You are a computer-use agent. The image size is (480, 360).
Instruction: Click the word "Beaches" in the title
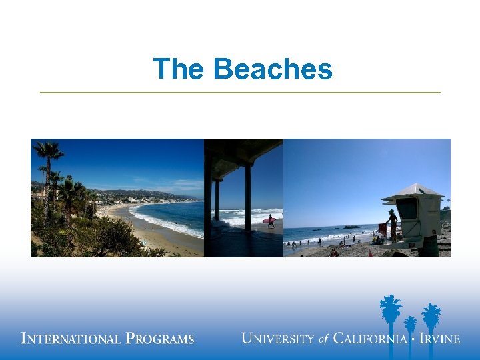273,69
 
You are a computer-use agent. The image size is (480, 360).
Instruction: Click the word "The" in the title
178,69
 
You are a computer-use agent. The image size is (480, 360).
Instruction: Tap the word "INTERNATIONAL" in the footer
71,339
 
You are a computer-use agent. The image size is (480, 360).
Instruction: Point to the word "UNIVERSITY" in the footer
279,339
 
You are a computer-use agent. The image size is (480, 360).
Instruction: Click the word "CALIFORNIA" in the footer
370,339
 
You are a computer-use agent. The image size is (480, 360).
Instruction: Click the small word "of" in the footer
324,339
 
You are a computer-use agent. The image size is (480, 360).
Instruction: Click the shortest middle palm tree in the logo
410,326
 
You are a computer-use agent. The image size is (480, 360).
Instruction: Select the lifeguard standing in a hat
393,225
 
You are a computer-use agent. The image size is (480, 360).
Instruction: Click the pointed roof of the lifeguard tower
413,190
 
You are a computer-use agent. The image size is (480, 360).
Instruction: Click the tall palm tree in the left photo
49,160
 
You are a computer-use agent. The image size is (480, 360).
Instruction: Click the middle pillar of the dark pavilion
248,197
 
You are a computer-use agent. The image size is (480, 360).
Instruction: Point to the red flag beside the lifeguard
383,228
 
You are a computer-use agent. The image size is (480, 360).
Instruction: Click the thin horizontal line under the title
240,92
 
